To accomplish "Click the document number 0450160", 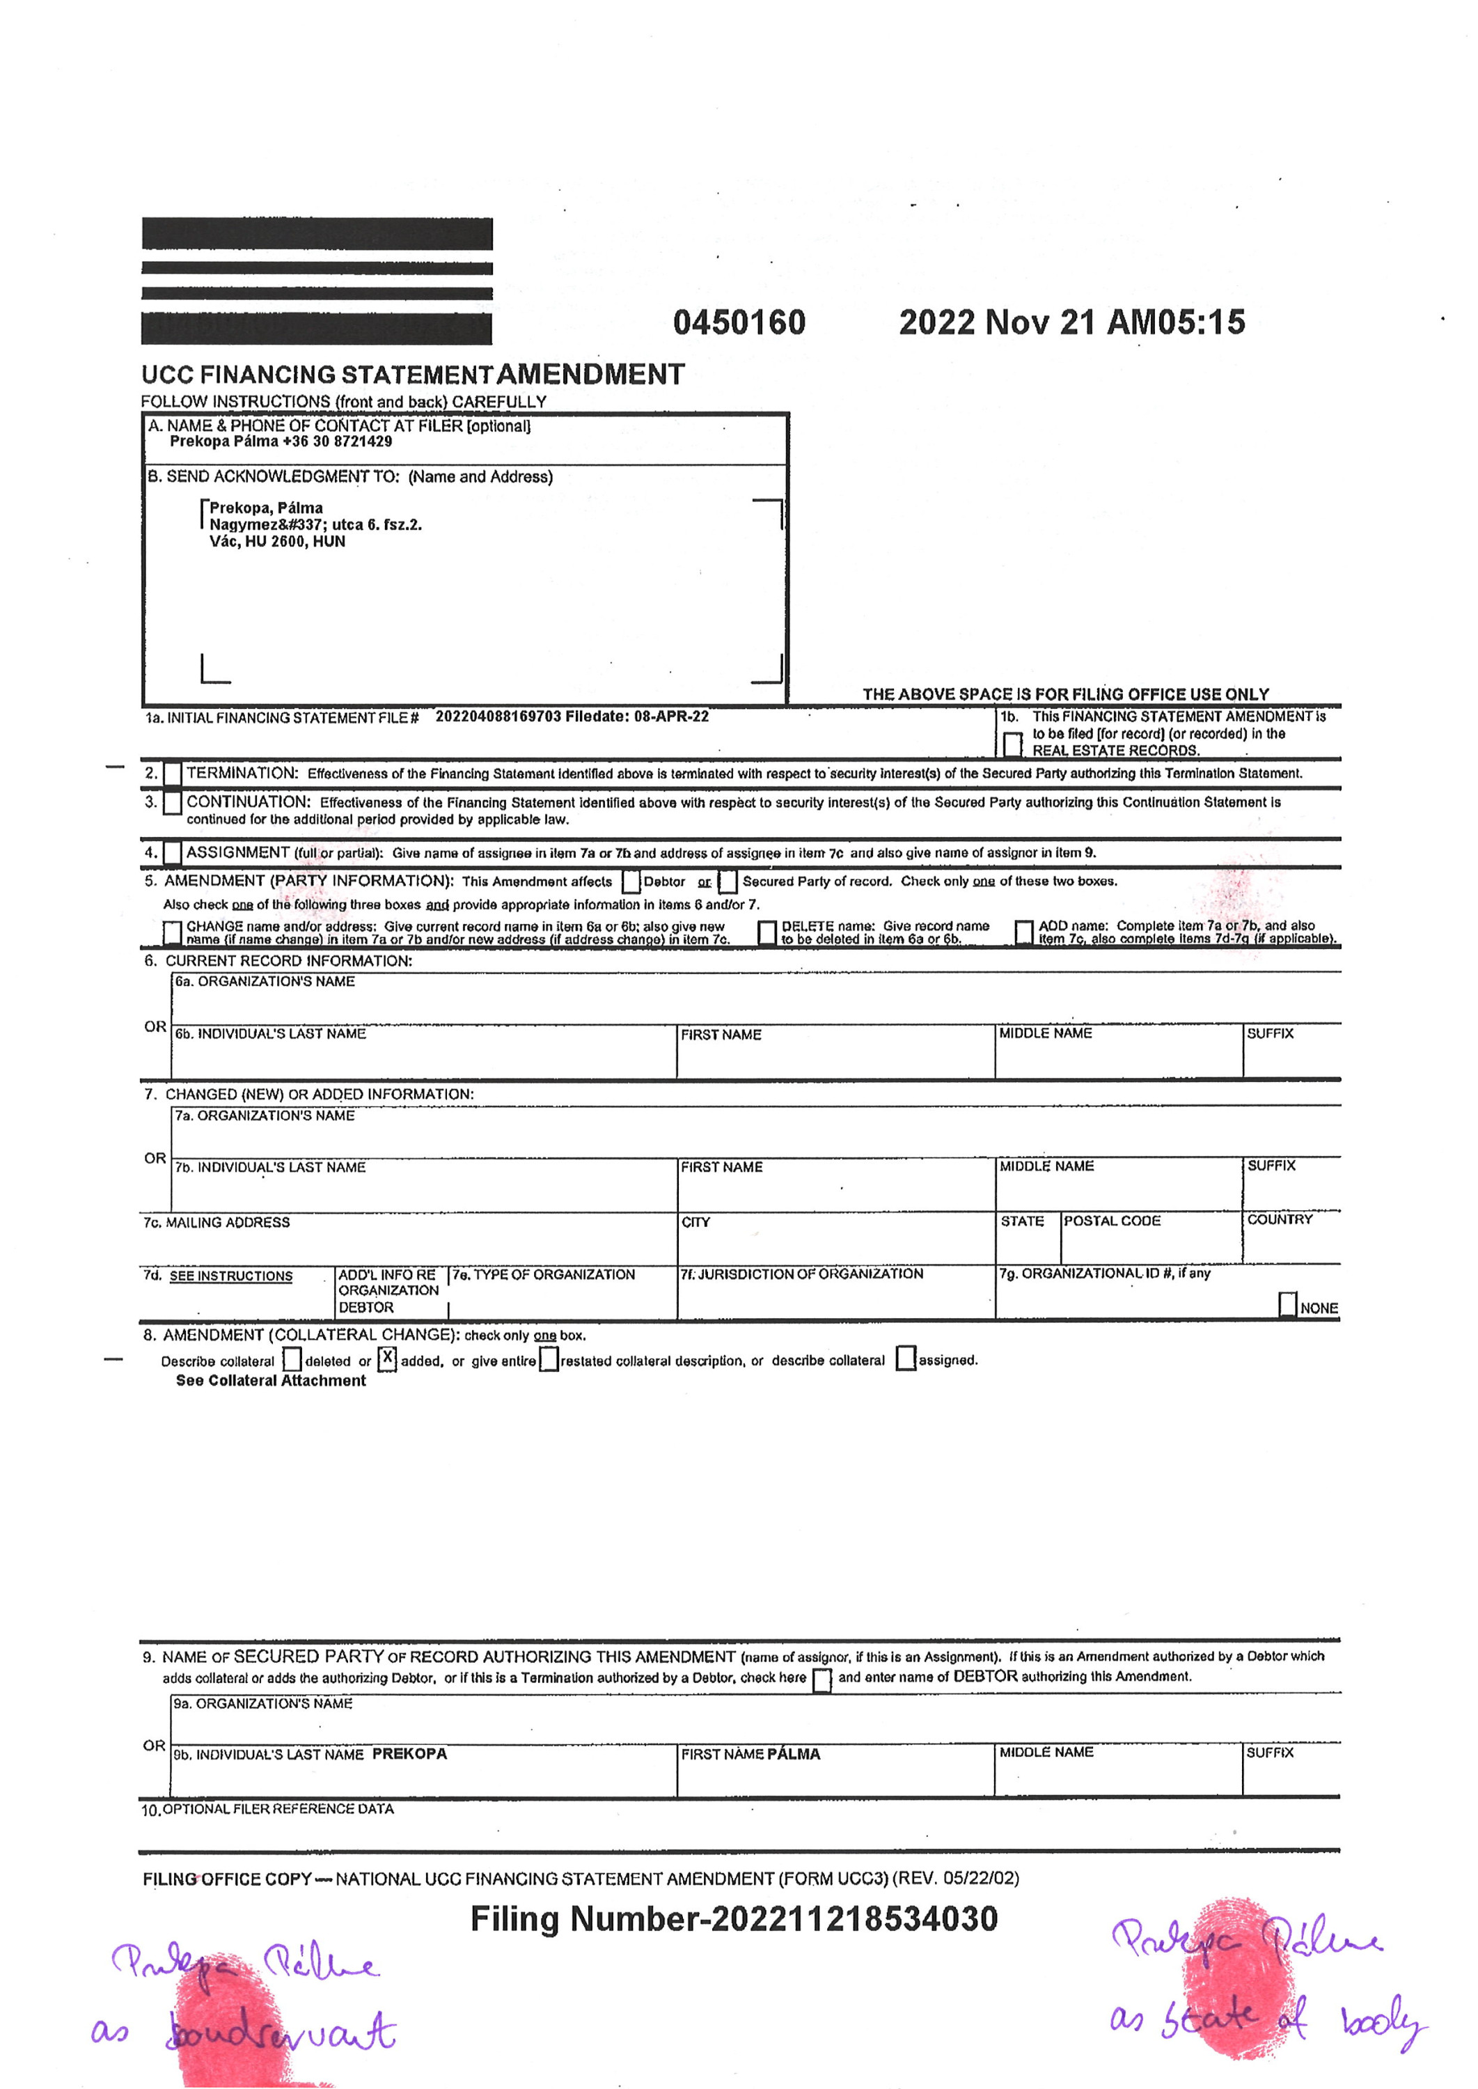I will (x=739, y=322).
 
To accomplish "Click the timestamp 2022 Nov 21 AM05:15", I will (x=1071, y=322).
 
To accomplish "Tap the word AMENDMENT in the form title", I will (x=590, y=374).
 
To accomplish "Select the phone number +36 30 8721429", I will (x=337, y=441).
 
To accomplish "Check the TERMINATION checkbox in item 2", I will (x=172, y=774).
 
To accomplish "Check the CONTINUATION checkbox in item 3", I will (x=172, y=803).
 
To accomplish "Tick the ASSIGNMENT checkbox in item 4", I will (x=172, y=853).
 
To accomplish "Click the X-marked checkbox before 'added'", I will (x=388, y=1359).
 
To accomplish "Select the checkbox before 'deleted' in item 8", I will (x=292, y=1359).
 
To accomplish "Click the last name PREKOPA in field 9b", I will (x=409, y=1754).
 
